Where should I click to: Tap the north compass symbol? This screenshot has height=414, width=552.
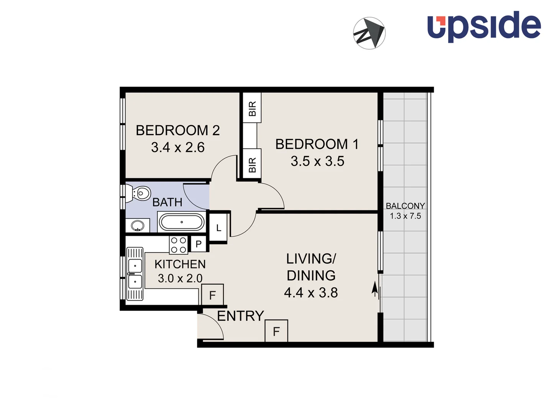coord(369,33)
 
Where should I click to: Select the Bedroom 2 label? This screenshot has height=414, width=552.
coord(177,130)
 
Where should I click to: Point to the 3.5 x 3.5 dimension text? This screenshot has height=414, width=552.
coord(317,161)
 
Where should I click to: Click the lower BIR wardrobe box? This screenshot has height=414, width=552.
coord(252,164)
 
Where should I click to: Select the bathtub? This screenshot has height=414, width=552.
coord(181,222)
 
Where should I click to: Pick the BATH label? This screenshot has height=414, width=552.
coord(167,202)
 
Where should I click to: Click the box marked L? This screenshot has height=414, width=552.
coord(219,228)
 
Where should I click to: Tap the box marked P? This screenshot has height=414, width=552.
coord(199,244)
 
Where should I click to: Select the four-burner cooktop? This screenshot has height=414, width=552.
coord(179,245)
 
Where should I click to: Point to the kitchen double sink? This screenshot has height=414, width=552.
coord(135,273)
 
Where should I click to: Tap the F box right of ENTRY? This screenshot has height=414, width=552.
coord(276,331)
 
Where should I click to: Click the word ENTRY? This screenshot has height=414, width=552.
coord(240,316)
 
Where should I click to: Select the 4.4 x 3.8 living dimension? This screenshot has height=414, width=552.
coord(311,293)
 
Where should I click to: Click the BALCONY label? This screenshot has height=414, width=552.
coord(405,206)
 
